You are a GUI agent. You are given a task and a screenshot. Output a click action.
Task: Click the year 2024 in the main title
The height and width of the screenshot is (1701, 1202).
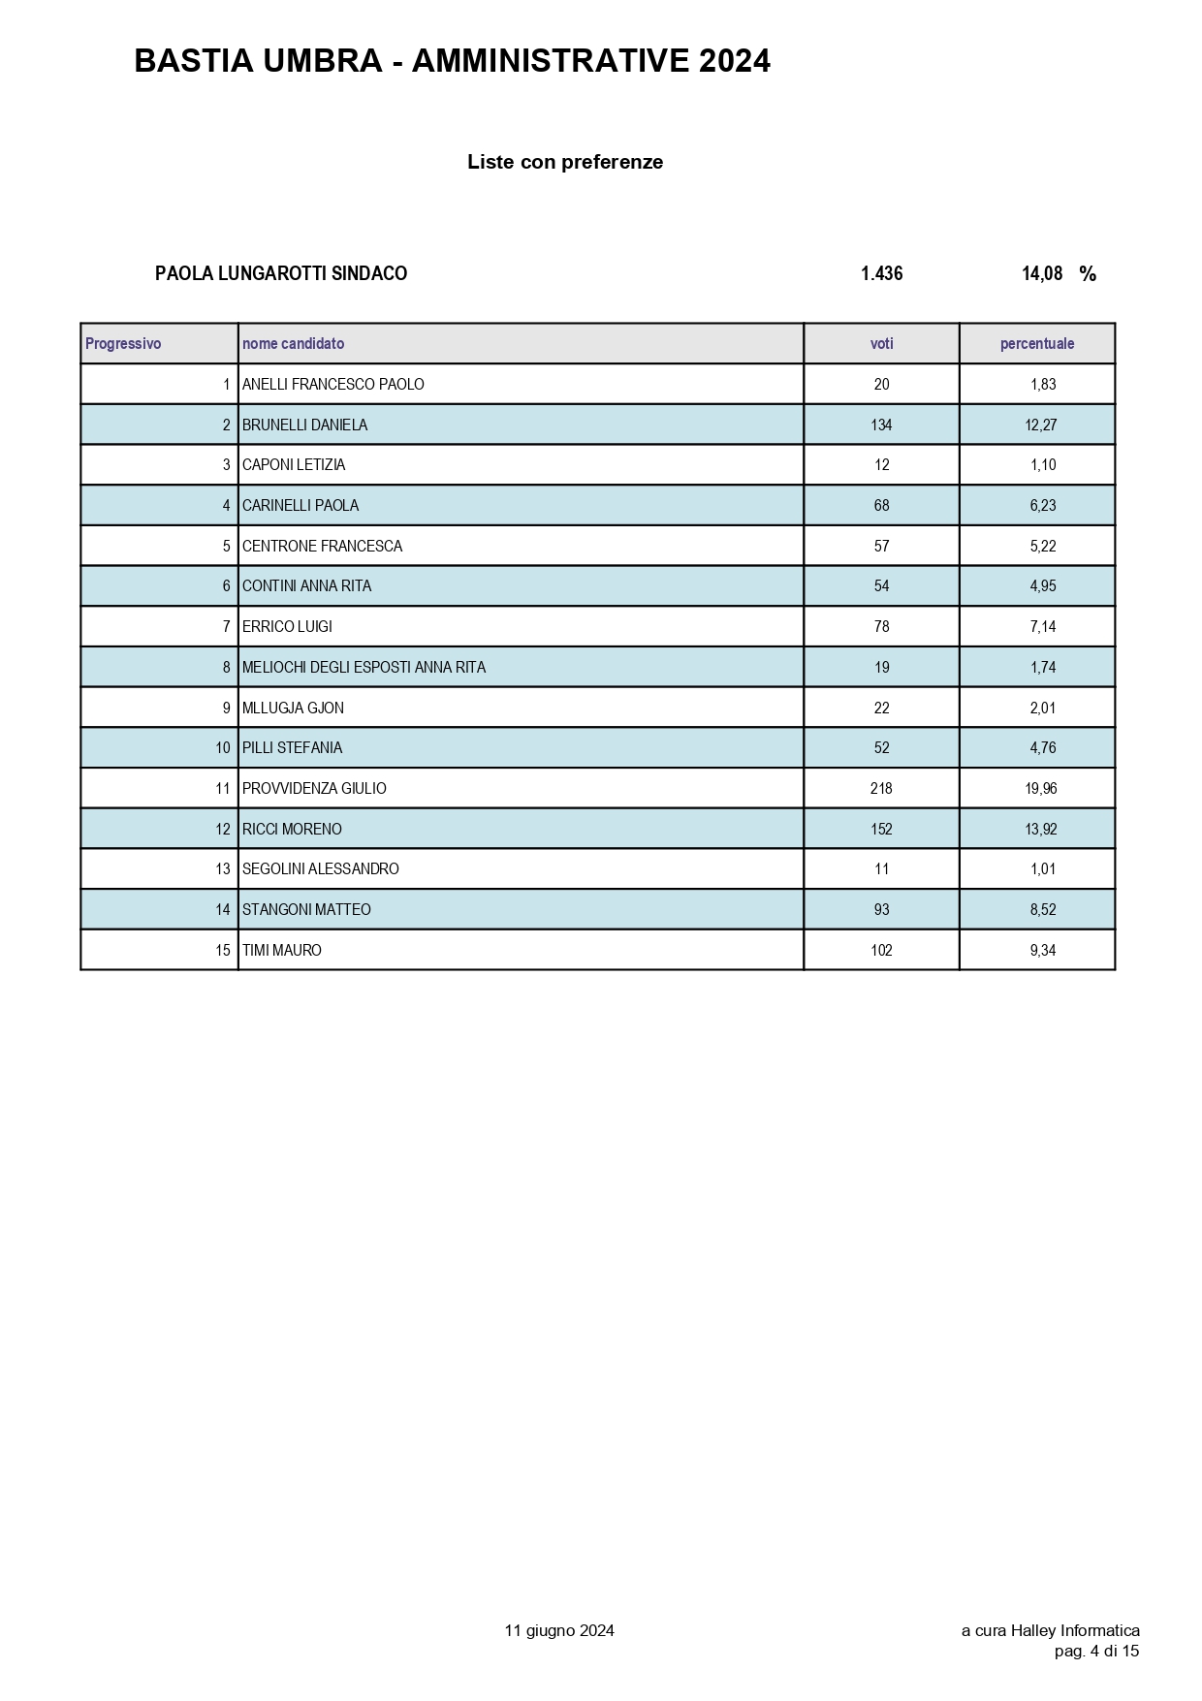coord(734,62)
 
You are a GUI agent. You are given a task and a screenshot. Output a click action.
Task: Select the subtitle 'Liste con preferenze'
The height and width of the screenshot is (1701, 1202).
coord(565,162)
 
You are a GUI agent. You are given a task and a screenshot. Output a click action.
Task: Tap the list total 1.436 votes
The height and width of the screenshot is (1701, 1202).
coord(881,274)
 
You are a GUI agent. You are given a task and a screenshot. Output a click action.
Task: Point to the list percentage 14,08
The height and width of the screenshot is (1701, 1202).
coord(1042,274)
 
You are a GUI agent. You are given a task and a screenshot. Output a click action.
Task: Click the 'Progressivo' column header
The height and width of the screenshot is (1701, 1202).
coord(123,344)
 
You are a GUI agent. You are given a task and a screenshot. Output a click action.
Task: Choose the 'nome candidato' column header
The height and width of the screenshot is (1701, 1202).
coord(293,344)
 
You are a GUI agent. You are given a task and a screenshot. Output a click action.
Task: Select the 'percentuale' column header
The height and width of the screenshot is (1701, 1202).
coord(1037,344)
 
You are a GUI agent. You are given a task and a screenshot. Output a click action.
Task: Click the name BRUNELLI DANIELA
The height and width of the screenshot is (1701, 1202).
coord(304,425)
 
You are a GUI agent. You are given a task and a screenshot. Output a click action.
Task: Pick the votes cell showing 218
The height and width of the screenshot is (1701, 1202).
coord(881,789)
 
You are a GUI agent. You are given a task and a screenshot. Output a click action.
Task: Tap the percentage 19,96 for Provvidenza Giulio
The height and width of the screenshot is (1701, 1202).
coord(1041,789)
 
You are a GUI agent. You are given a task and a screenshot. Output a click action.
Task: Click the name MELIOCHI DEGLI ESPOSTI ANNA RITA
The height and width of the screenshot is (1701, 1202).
coord(364,668)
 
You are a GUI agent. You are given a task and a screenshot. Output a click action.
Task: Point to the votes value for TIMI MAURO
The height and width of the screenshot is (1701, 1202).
coord(881,951)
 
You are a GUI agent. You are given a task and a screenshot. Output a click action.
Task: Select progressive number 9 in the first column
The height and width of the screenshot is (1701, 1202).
coord(227,709)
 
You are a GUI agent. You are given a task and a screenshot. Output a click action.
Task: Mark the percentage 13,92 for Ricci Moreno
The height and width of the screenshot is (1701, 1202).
coord(1041,830)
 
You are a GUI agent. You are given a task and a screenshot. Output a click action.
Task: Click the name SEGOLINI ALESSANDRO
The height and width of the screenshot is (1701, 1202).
coord(320,869)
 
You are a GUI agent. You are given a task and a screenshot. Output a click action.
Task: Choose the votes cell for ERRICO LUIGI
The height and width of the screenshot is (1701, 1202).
coord(881,627)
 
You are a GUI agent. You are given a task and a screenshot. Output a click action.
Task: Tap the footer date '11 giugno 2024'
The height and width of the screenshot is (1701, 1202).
coord(559,1631)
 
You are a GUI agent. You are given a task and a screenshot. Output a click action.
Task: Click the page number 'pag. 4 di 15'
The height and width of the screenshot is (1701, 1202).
coord(1096,1652)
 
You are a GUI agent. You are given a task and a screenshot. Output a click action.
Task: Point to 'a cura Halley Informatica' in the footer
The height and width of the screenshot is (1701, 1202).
coord(1050,1631)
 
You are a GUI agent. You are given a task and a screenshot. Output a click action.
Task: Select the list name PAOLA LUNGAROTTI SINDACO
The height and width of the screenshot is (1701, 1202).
coord(281,274)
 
